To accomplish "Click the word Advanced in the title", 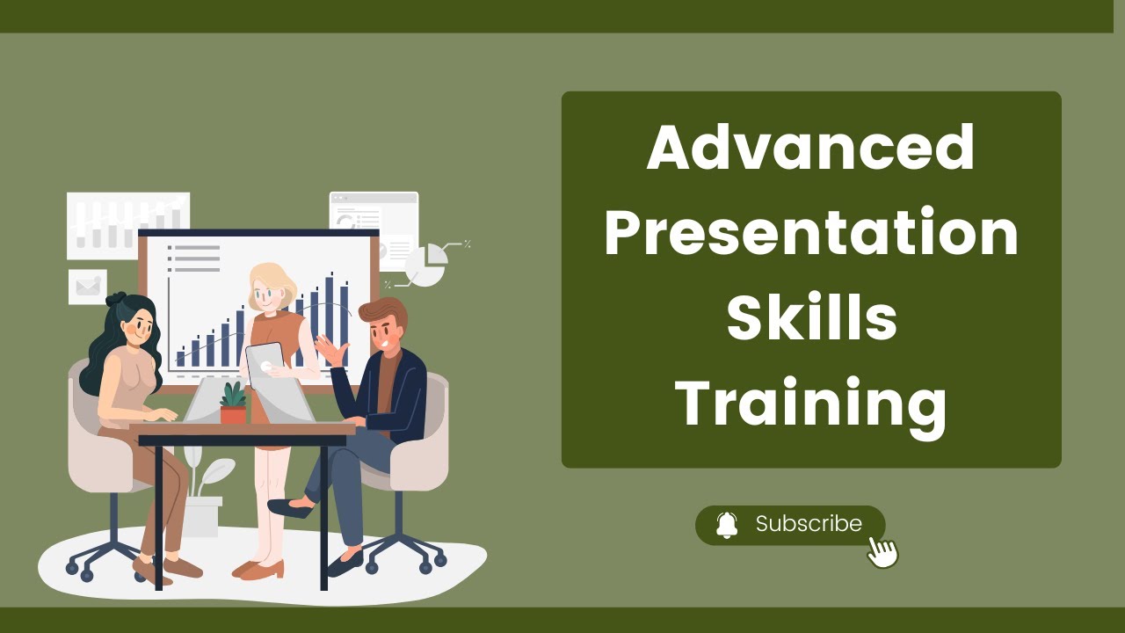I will point(810,147).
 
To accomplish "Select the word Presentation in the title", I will point(810,233).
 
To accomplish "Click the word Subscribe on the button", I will point(809,524).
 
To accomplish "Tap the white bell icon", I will point(727,525).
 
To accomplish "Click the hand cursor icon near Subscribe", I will point(882,551).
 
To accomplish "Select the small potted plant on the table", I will point(233,404).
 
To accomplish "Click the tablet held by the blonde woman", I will point(265,362).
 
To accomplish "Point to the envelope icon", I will point(87,286).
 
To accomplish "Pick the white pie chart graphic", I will point(427,265).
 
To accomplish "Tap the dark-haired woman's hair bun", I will point(117,300).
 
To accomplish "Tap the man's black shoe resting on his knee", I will point(288,508).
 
